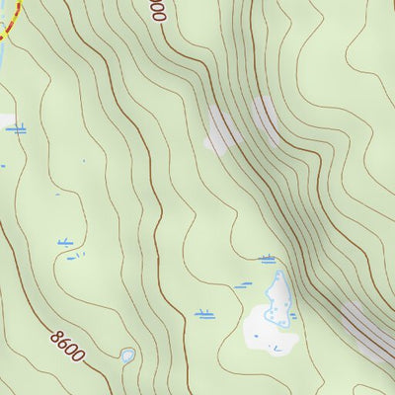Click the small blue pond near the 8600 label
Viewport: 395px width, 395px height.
click(x=127, y=355)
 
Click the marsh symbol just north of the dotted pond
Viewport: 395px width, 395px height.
click(x=267, y=260)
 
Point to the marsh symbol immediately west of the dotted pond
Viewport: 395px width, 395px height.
click(x=244, y=285)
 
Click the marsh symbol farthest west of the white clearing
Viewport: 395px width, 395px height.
click(x=204, y=315)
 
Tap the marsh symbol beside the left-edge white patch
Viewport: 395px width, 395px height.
click(x=18, y=128)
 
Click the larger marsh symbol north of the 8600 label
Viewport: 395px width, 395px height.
click(x=66, y=242)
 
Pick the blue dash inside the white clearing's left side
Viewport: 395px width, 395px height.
click(x=254, y=336)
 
